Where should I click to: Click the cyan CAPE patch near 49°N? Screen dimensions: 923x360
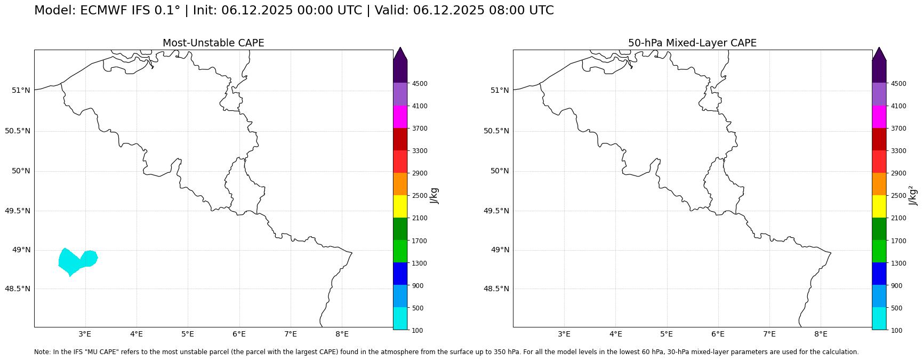tap(77, 261)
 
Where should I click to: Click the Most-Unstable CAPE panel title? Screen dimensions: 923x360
tap(213, 43)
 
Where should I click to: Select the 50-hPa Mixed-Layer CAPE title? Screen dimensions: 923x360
tap(692, 43)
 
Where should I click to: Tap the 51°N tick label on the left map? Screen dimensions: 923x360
tap(21, 90)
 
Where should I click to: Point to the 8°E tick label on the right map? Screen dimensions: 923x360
tap(821, 334)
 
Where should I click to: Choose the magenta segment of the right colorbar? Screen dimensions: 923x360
tap(879, 117)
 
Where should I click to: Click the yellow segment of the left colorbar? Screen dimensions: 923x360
tap(400, 206)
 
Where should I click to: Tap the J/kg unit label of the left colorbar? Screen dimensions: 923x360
tap(435, 196)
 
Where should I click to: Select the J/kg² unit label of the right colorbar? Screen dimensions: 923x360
tap(913, 195)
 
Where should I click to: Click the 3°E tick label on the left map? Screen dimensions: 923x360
tap(85, 334)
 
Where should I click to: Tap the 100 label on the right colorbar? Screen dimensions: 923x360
tap(896, 331)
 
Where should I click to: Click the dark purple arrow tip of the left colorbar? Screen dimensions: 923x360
tap(400, 47)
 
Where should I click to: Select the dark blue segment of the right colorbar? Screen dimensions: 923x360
tap(879, 274)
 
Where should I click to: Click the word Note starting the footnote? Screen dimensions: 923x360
tap(42, 352)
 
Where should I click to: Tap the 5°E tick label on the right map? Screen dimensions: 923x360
tap(667, 334)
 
